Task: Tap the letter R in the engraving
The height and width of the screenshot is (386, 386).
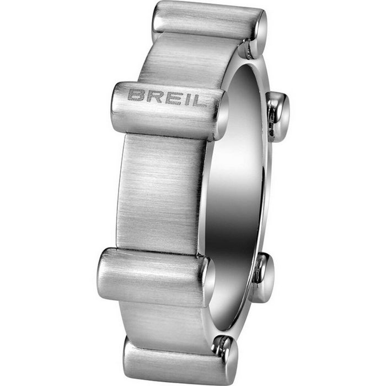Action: [154, 97]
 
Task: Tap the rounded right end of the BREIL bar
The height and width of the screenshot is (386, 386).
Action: [221, 114]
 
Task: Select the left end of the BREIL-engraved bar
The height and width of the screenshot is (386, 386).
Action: [117, 105]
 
